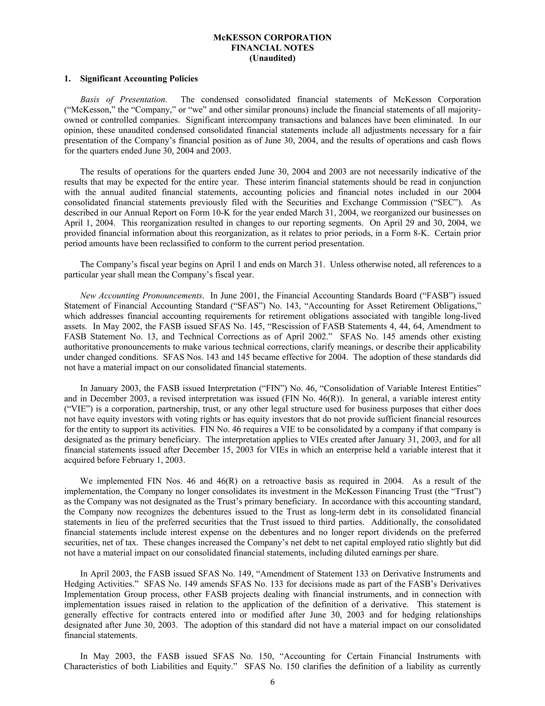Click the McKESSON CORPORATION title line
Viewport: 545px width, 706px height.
click(272, 38)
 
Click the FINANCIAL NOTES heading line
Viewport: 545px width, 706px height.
click(272, 48)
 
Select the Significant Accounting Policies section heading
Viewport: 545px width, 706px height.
click(139, 79)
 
